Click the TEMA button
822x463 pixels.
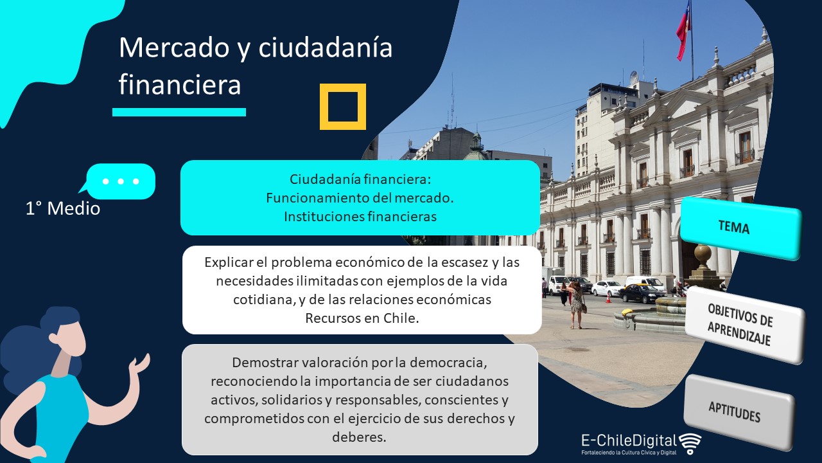point(740,228)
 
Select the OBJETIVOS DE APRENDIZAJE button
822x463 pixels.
point(744,325)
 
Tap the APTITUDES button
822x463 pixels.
point(739,412)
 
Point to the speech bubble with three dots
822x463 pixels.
point(118,181)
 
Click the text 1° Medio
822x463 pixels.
point(63,208)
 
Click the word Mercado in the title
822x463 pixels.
point(174,48)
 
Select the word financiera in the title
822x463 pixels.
point(179,84)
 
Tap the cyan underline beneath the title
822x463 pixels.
point(179,112)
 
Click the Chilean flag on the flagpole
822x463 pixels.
point(683,32)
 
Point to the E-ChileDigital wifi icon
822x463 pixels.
point(690,443)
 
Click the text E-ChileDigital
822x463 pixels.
point(629,440)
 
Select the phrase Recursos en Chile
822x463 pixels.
point(362,318)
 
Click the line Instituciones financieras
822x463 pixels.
point(360,217)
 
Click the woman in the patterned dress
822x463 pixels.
point(576,304)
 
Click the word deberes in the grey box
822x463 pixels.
point(359,437)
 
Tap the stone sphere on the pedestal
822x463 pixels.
point(703,253)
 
